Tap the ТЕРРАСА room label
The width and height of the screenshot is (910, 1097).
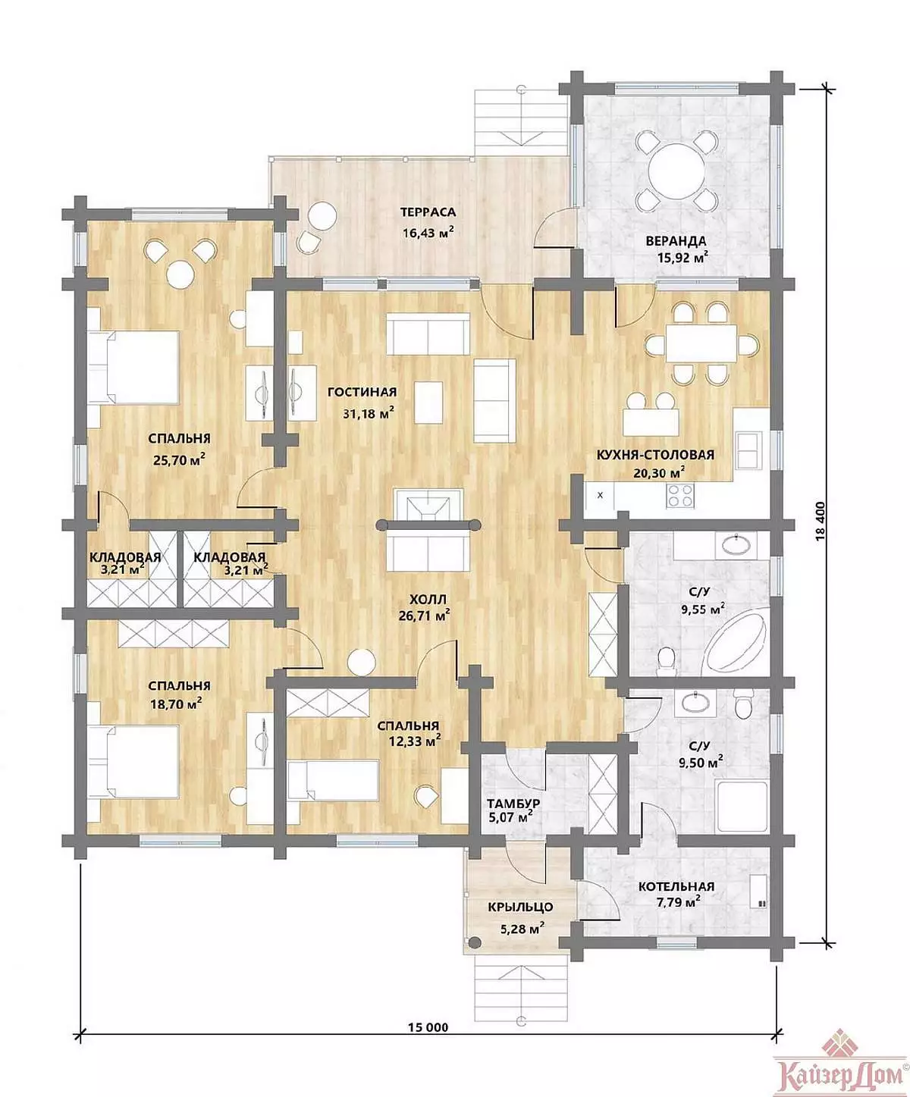(428, 213)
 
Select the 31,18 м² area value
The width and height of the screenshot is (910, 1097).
(369, 413)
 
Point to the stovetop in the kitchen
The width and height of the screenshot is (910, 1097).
(680, 496)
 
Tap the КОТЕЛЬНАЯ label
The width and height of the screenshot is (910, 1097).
(676, 887)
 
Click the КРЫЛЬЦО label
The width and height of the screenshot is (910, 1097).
(520, 907)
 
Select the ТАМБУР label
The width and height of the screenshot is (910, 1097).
(513, 804)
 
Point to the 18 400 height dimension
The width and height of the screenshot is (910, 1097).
(821, 521)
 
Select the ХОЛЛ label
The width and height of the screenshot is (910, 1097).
(428, 600)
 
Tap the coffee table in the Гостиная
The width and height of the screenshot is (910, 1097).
(428, 403)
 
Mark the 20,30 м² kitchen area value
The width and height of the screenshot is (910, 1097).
(659, 473)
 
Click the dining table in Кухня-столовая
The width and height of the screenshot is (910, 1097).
(701, 343)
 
